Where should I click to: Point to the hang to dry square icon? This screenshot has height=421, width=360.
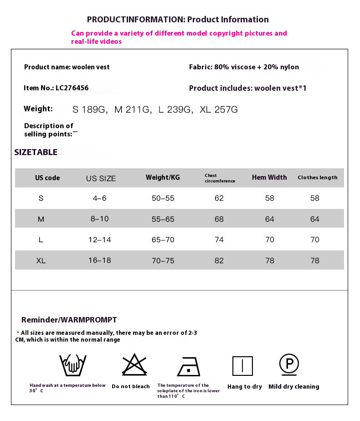click(x=242, y=366)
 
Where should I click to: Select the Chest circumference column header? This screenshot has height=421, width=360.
click(x=220, y=178)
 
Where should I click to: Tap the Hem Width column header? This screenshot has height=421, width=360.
click(x=269, y=177)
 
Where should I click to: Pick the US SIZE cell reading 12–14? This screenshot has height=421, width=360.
click(x=100, y=239)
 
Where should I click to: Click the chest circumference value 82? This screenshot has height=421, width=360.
click(x=219, y=260)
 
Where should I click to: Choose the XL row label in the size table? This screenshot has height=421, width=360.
click(x=41, y=260)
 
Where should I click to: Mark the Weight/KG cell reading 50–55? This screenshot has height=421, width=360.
click(x=163, y=198)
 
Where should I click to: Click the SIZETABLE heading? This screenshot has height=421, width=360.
click(x=36, y=152)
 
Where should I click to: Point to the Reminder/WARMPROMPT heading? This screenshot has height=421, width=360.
click(x=69, y=320)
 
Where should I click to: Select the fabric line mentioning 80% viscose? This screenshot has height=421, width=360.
click(x=244, y=67)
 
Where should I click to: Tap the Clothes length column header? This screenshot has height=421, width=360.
click(x=318, y=177)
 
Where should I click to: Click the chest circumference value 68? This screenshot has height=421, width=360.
click(x=219, y=219)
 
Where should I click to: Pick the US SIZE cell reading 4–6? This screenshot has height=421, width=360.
click(x=100, y=198)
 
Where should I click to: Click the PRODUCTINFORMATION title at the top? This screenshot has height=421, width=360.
click(x=178, y=19)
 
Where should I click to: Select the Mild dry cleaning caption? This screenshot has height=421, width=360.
click(x=294, y=386)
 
